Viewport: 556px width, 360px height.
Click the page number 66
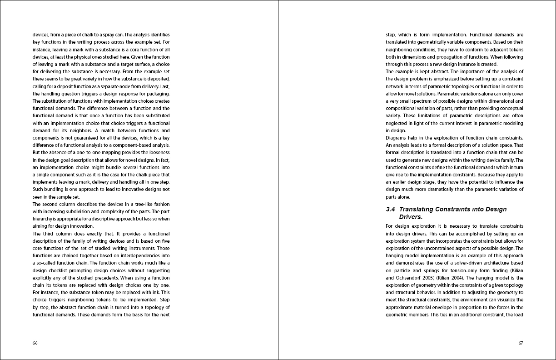point(35,343)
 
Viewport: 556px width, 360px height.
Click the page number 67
point(521,343)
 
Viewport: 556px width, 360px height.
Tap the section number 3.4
point(390,210)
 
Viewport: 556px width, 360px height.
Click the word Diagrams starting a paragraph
point(396,138)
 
